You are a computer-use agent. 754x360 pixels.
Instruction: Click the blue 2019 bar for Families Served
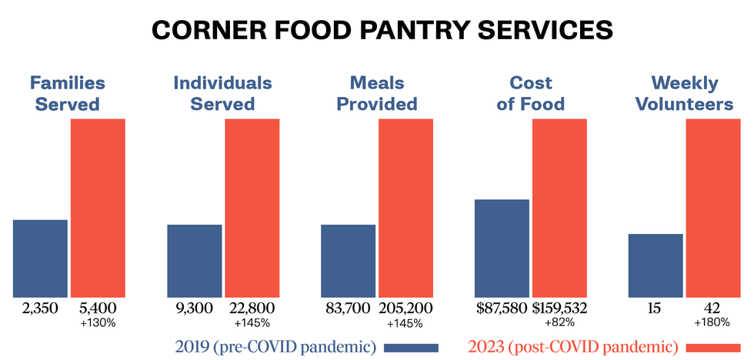(40, 258)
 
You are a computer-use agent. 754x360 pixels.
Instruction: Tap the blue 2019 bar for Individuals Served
(194, 261)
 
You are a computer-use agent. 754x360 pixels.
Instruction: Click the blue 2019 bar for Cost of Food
(502, 248)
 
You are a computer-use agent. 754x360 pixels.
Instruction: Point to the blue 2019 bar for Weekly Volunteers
(656, 265)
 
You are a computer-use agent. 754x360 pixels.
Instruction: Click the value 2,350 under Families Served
(40, 308)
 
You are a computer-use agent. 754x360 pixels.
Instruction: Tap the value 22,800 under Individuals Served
(252, 308)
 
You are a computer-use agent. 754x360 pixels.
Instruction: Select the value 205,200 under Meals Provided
(405, 308)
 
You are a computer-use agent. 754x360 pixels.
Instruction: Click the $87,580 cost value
(502, 308)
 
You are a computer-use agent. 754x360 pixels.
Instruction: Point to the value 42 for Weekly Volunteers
(713, 308)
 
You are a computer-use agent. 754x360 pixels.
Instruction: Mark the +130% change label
(98, 323)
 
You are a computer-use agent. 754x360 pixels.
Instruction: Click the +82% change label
(559, 323)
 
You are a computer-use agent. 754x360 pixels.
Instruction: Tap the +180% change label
(713, 323)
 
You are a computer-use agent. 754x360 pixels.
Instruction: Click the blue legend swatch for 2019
(410, 347)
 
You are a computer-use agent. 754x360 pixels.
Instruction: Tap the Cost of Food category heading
(530, 93)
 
